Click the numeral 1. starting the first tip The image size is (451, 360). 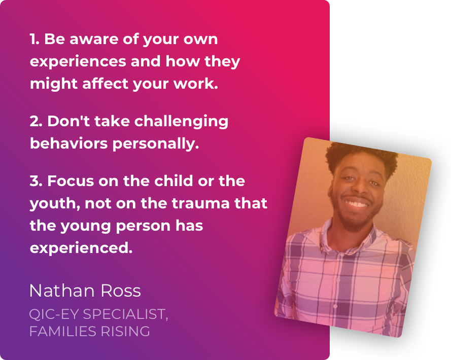(34, 39)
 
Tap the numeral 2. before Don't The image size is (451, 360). (36, 121)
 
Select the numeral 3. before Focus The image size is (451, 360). (36, 181)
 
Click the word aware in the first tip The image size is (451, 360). (94, 40)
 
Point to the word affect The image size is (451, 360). (106, 84)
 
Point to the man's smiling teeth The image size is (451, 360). (356, 204)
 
